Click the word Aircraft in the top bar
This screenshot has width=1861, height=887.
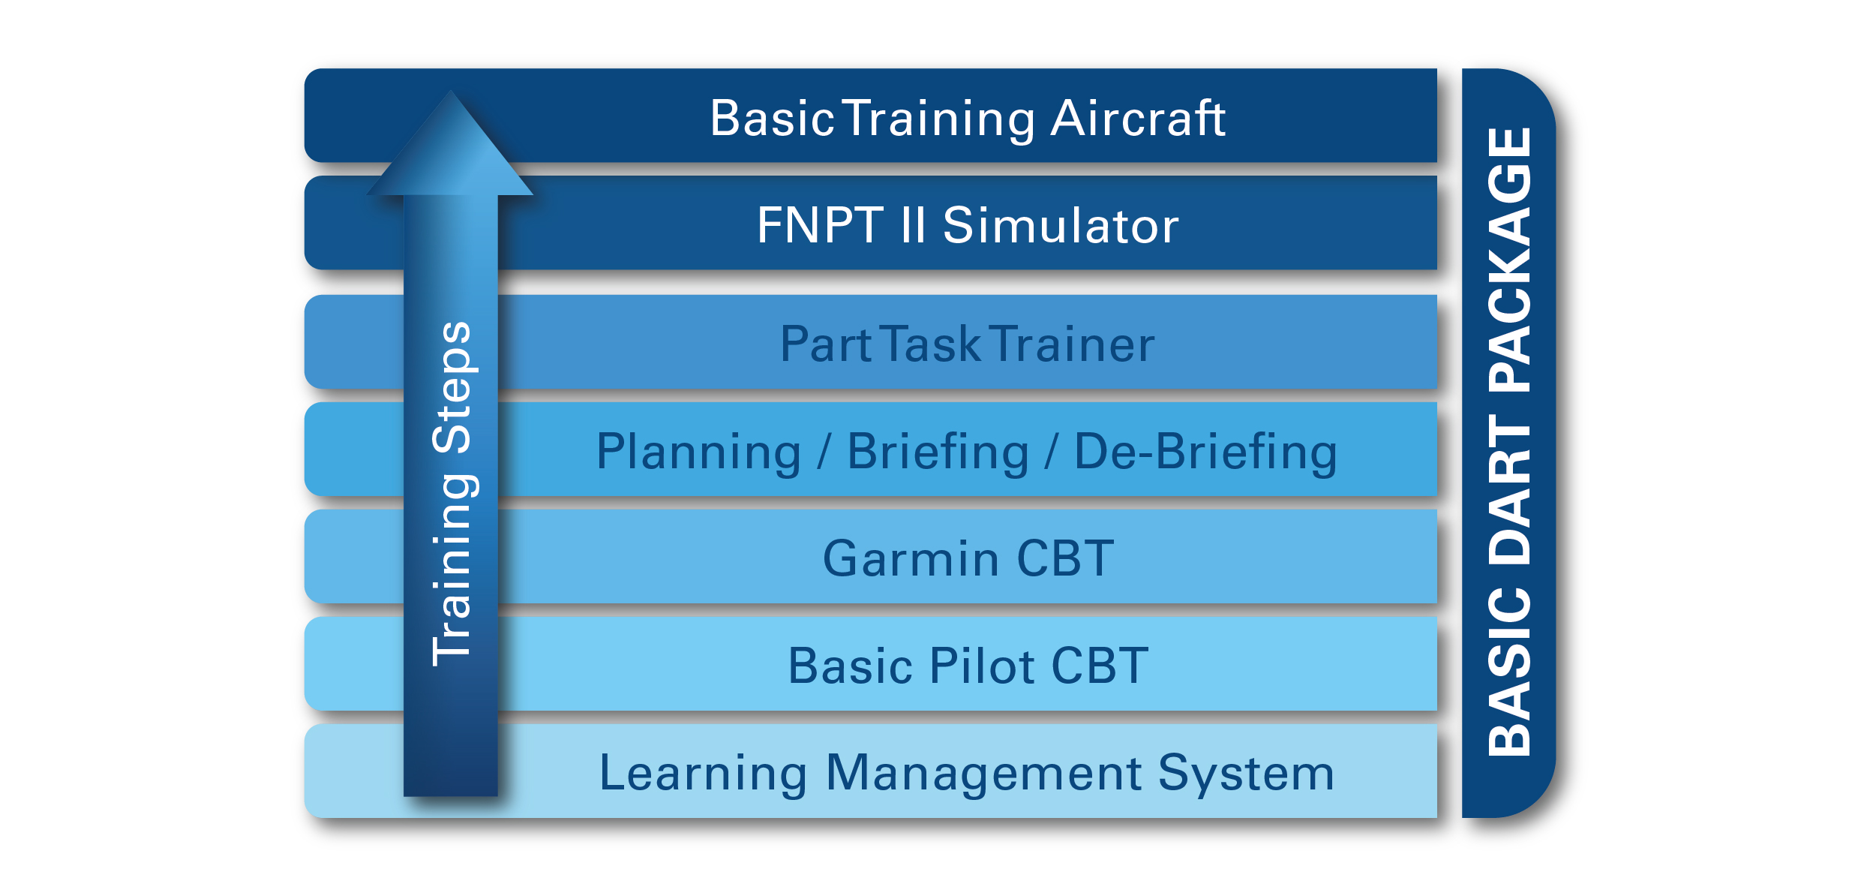pyautogui.click(x=1137, y=119)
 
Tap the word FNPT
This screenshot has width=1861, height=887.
pyautogui.click(x=820, y=225)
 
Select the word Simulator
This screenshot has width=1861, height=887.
pyautogui.click(x=1061, y=225)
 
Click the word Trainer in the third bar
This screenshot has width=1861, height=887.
pyautogui.click(x=1074, y=344)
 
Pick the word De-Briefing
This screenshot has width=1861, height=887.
pyautogui.click(x=1205, y=453)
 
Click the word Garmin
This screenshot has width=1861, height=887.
pyautogui.click(x=911, y=559)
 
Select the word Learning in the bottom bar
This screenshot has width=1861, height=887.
pyautogui.click(x=703, y=774)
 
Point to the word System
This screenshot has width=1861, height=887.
pyautogui.click(x=1246, y=774)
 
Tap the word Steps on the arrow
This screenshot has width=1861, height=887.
pyautogui.click(x=452, y=387)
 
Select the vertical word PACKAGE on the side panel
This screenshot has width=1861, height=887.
pyautogui.click(x=1509, y=259)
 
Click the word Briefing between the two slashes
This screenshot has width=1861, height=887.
pyautogui.click(x=938, y=453)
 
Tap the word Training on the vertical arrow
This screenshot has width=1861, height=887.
pyautogui.click(x=452, y=570)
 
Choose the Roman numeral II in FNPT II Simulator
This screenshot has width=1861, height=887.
pyautogui.click(x=913, y=225)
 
